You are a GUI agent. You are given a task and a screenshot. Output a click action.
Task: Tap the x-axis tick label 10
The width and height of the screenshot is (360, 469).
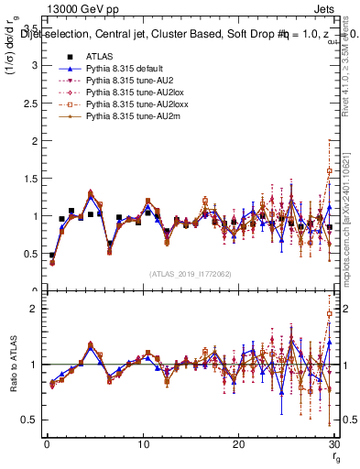[143, 445]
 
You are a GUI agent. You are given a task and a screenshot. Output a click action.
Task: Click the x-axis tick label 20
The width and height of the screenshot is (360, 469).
[238, 445]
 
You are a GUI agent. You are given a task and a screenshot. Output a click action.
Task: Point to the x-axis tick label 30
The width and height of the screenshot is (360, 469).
[333, 445]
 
